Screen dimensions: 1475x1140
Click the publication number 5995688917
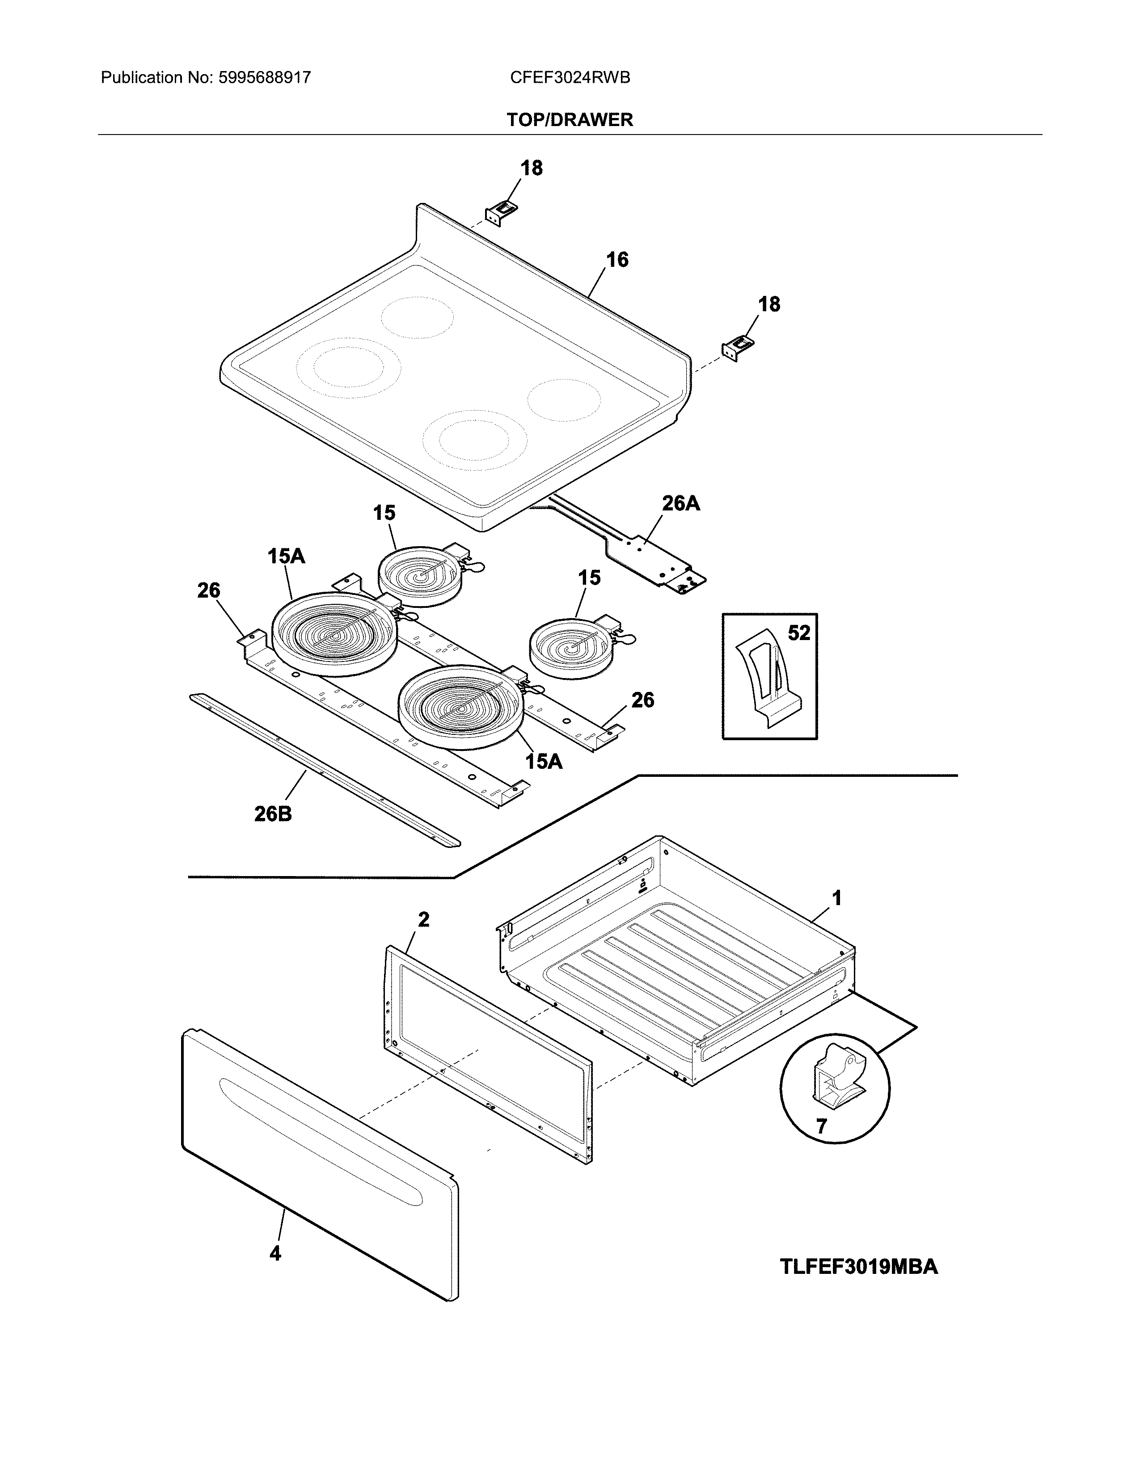264,78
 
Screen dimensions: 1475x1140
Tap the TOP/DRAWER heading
570,120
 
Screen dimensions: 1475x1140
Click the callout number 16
616,260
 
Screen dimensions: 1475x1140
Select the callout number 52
799,633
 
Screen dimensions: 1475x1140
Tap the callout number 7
821,1126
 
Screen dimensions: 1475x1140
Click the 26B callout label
273,814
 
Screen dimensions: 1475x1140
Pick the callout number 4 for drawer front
275,1253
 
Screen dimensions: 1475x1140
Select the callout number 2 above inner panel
423,919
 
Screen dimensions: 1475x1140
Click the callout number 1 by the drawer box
837,898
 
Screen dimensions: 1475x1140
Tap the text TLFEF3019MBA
859,1266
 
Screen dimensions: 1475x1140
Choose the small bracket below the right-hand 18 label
738,347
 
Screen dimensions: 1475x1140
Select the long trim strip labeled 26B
324,770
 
